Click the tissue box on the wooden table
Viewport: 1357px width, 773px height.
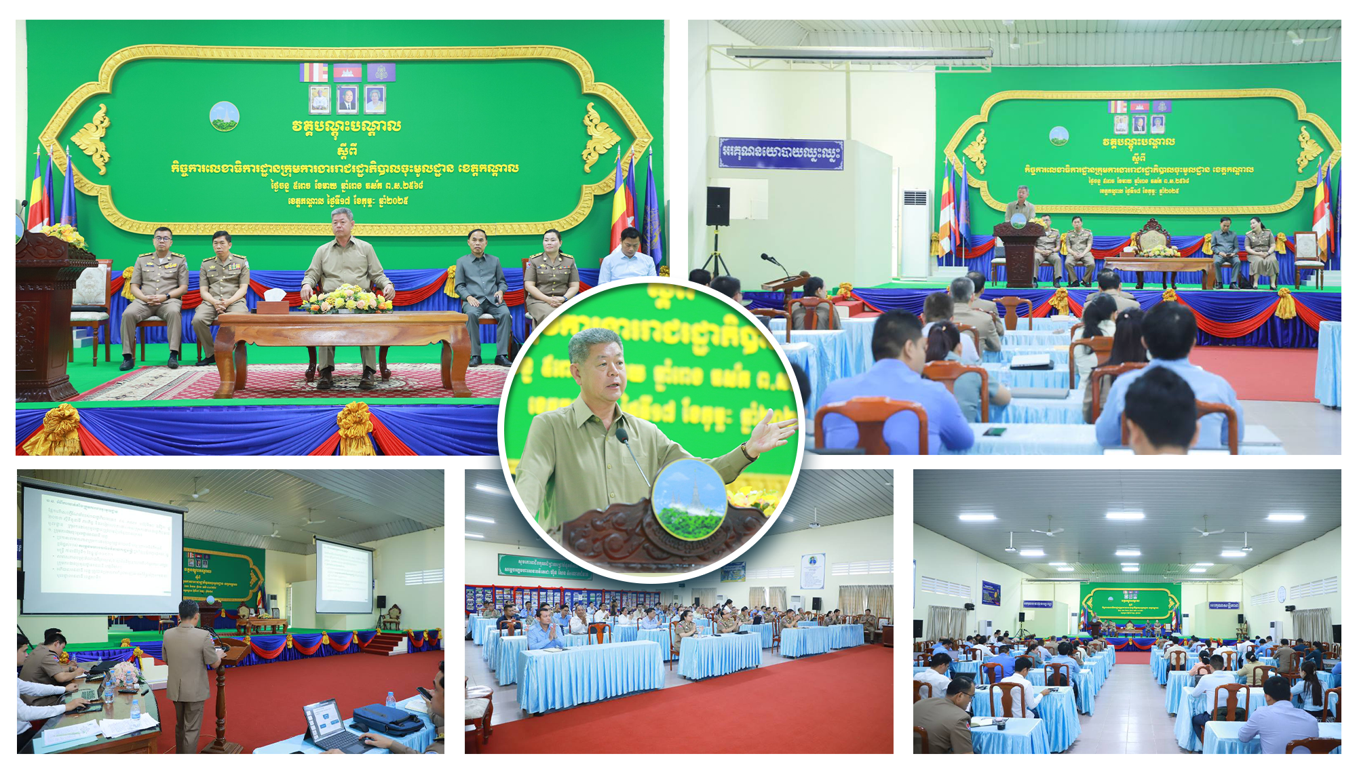[274, 296]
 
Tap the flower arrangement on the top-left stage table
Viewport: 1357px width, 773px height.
[347, 299]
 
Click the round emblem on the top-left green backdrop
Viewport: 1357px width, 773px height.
[224, 116]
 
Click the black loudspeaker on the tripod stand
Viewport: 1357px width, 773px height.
[718, 206]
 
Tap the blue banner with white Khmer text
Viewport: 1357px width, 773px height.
[780, 153]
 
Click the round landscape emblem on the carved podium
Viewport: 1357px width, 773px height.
[688, 498]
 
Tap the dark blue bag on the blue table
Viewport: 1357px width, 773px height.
[387, 719]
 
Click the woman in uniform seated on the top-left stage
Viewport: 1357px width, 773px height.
[551, 275]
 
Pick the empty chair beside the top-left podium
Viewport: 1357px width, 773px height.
[90, 305]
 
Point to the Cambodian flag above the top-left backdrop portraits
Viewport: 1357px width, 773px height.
[347, 72]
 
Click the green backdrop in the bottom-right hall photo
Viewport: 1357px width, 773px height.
[1130, 603]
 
